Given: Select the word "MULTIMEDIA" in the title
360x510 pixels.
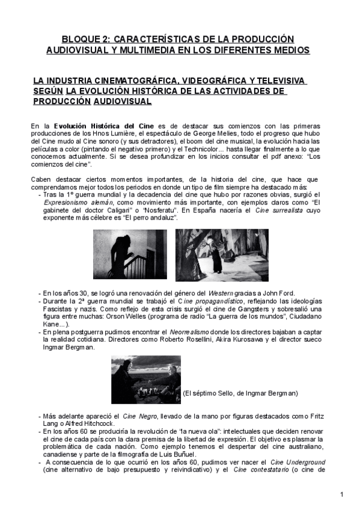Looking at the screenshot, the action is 154,49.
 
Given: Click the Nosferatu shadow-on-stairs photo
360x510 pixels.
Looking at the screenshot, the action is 138,254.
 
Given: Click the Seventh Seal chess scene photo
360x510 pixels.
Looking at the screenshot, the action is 146,379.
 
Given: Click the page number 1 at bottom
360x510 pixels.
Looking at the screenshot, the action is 341,494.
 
